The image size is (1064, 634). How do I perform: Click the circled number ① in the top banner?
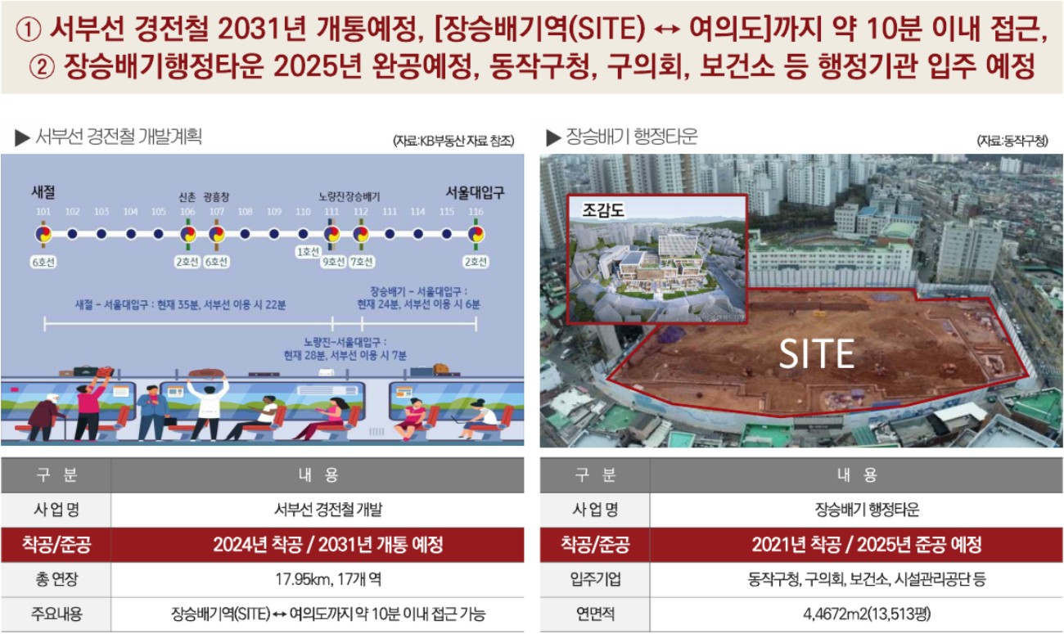click(29, 29)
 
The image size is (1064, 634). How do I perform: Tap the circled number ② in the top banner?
click(42, 67)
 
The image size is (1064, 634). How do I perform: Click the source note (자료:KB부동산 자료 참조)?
click(453, 141)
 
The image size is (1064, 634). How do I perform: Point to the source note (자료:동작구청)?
click(1012, 141)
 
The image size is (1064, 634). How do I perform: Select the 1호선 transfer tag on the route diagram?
click(308, 251)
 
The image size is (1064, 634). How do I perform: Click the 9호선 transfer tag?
click(333, 262)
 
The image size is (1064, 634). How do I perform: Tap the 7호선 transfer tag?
click(362, 262)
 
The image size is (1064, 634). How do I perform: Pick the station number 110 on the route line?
click(303, 211)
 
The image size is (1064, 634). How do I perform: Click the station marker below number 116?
click(476, 234)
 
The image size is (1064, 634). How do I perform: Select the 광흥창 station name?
click(216, 196)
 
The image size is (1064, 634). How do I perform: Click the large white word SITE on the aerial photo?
click(817, 353)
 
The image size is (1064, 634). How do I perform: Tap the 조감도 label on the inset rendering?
click(603, 209)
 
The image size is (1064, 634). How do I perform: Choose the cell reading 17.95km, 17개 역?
click(328, 579)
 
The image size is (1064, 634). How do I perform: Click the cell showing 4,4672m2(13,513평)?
click(867, 614)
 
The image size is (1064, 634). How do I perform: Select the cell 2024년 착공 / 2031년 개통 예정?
click(328, 544)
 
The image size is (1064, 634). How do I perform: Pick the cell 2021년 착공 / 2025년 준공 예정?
click(867, 544)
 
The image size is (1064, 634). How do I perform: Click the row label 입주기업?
click(595, 579)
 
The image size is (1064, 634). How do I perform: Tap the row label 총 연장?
click(56, 579)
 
